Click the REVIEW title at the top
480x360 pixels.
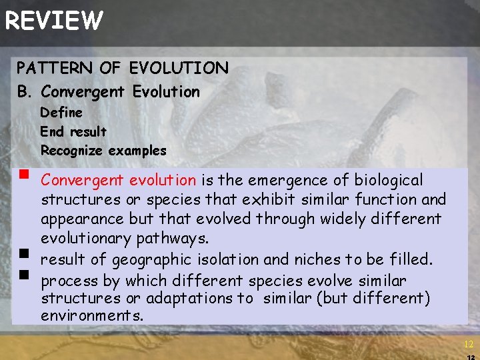[x=54, y=21]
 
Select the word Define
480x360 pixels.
[x=61, y=112]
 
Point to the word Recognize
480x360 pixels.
[x=70, y=151]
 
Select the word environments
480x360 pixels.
[x=92, y=316]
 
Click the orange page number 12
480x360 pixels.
[x=468, y=344]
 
